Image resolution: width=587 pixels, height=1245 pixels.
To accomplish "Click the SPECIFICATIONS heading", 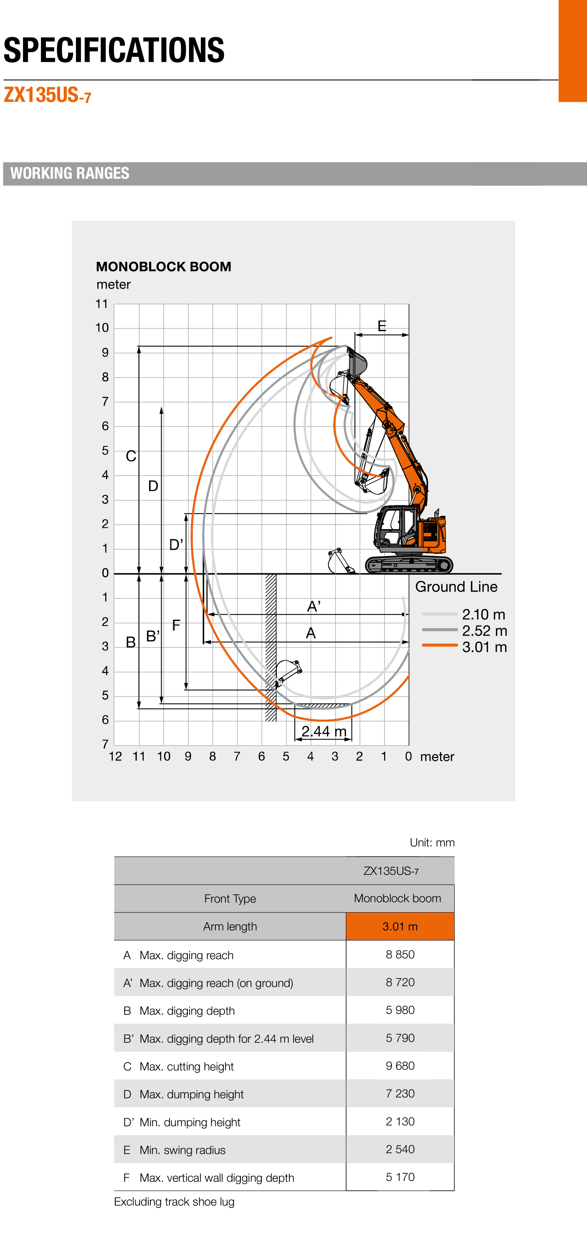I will [114, 50].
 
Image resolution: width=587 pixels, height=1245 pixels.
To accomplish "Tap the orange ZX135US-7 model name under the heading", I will [47, 95].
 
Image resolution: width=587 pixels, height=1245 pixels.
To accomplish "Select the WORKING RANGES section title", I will [70, 173].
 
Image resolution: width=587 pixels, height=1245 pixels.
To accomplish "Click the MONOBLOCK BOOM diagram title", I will [163, 266].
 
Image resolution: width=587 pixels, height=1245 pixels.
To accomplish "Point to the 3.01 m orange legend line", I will [439, 645].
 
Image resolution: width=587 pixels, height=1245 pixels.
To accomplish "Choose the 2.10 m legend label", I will [483, 614].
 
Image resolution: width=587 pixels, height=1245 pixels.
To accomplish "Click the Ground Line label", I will [456, 587].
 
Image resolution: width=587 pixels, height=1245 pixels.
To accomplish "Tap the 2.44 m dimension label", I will [324, 731].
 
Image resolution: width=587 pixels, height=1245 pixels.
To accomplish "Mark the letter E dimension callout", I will [382, 326].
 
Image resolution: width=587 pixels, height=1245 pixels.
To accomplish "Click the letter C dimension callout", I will [130, 456].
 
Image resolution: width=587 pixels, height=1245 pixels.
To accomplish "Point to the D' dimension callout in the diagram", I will [176, 545].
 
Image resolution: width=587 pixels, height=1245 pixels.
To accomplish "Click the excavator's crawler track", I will [409, 565].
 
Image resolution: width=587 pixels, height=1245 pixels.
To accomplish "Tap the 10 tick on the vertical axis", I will [102, 328].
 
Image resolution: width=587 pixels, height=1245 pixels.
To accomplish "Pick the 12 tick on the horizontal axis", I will [115, 756].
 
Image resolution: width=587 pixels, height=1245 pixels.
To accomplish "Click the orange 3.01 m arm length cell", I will [400, 926].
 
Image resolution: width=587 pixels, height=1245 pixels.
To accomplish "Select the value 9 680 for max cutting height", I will [400, 1066].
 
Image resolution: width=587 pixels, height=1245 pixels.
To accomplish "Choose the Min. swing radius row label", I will [182, 1150].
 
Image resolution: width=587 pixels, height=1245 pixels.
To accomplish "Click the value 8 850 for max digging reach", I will [400, 955].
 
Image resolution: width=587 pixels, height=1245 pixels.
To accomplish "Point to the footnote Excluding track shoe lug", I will [174, 1202].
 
